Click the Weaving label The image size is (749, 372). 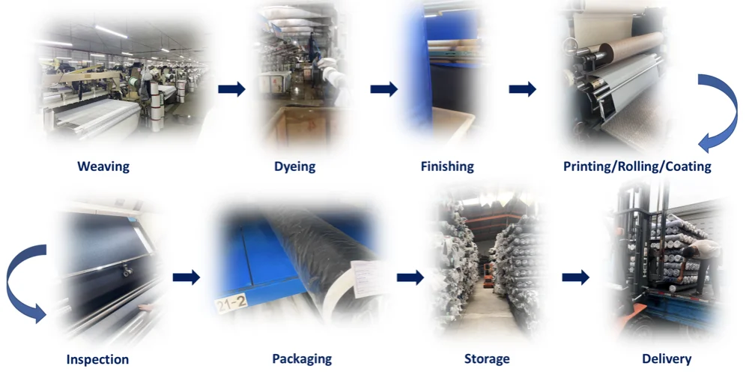(x=103, y=166)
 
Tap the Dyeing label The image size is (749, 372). (x=294, y=166)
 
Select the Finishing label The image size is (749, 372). (x=447, y=166)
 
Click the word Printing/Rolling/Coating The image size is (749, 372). (x=637, y=166)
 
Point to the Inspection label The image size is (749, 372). (x=97, y=359)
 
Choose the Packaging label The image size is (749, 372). (x=302, y=359)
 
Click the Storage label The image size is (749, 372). (x=487, y=359)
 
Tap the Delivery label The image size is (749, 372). (x=667, y=359)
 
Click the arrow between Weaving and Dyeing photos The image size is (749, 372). (x=231, y=89)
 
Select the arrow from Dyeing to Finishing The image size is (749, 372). (x=383, y=89)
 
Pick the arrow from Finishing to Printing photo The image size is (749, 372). (x=522, y=89)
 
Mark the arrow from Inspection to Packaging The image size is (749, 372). (x=186, y=277)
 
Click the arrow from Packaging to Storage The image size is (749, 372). (x=410, y=277)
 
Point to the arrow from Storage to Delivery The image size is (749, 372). (x=575, y=277)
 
